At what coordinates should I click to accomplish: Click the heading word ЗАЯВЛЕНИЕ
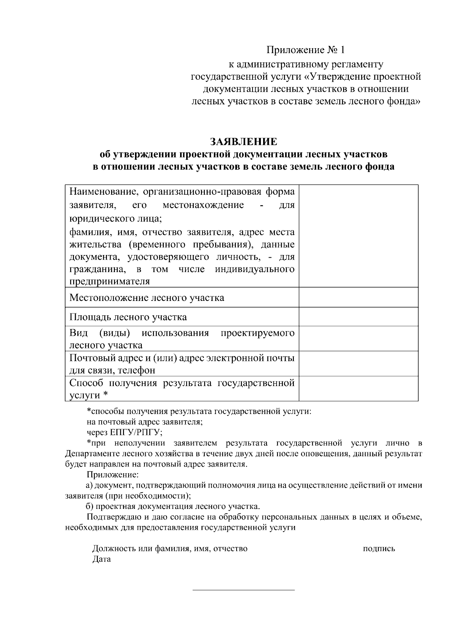(x=244, y=142)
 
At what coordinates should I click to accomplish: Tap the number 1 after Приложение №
(x=343, y=50)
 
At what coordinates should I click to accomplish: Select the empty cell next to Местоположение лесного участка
(x=358, y=297)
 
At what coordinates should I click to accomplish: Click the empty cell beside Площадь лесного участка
(x=358, y=316)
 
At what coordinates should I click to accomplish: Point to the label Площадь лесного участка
(x=128, y=317)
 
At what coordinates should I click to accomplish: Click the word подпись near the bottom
(x=379, y=548)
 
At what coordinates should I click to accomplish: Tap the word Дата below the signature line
(x=102, y=559)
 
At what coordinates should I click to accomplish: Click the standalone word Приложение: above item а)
(x=113, y=475)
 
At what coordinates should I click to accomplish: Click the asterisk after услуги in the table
(x=105, y=395)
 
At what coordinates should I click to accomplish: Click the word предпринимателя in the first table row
(x=110, y=282)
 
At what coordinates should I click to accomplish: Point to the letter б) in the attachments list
(x=89, y=507)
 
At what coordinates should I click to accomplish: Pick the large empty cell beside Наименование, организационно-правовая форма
(x=358, y=236)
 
